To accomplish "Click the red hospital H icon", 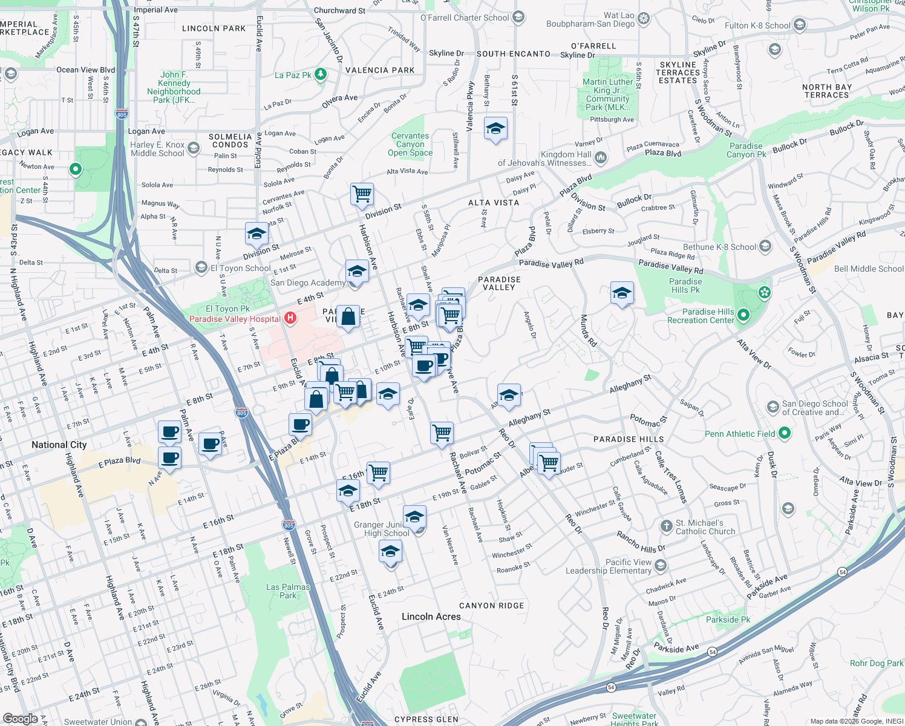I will coord(290,318).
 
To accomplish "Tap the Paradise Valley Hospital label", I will coord(235,319).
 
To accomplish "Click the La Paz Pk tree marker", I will coord(321,74).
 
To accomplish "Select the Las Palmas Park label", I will coord(288,591).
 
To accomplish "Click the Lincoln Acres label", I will coord(431,616).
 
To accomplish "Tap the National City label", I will coord(59,445).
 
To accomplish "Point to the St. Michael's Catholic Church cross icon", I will coord(666,526).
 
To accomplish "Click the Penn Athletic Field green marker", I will coord(785,433).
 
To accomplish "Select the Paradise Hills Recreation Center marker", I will coord(743,315).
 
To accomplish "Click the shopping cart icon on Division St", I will coord(362,194).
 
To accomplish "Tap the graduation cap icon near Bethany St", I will coord(495,128).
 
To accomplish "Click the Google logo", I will coord(20,719).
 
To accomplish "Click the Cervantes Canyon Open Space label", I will coord(410,145).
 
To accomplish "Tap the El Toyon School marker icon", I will coord(201,267).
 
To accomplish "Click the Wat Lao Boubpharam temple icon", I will coord(644,19).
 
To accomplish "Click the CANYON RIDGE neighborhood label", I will coord(491,606).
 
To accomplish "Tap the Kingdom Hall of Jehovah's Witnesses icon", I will coord(601,158).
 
